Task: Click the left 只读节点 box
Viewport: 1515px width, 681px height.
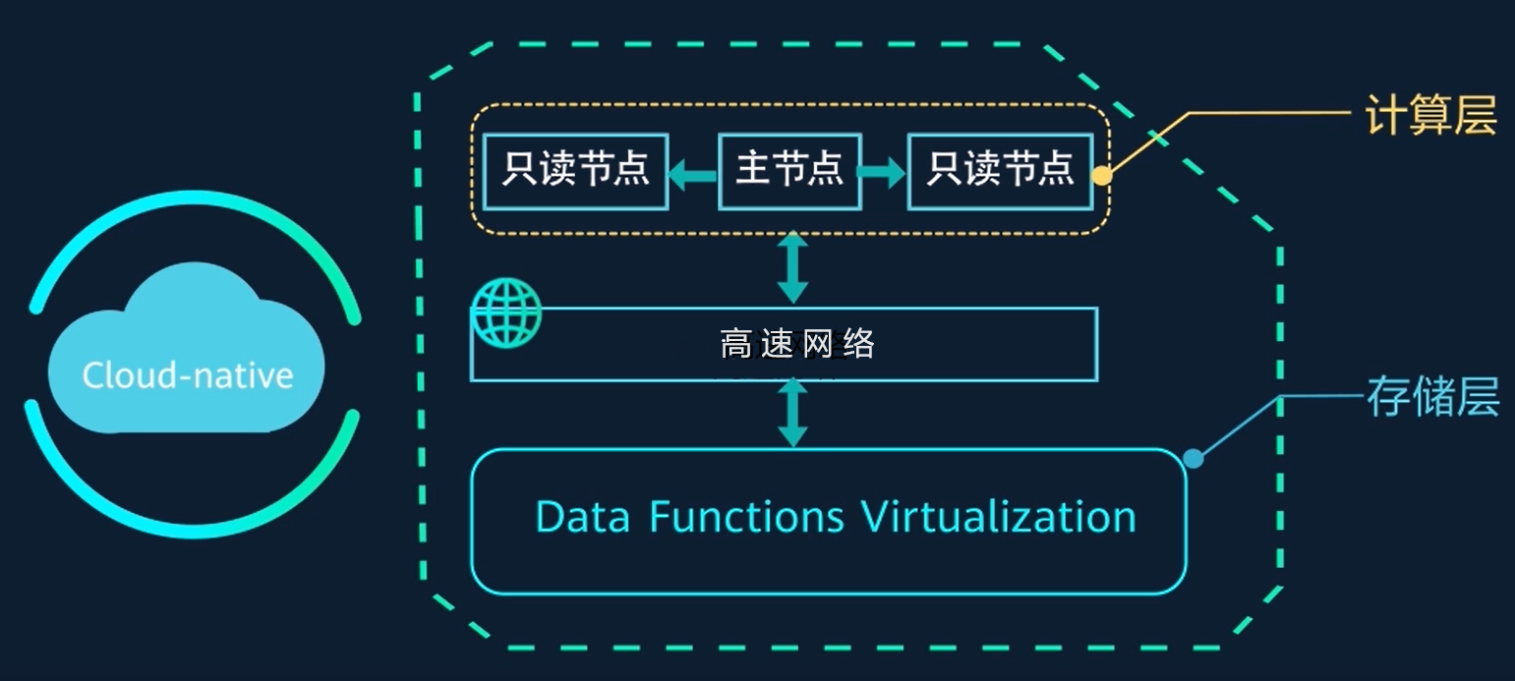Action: pyautogui.click(x=575, y=172)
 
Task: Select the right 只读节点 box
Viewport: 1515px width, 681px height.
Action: pyautogui.click(x=1000, y=172)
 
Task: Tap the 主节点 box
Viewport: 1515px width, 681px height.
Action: pyautogui.click(x=790, y=172)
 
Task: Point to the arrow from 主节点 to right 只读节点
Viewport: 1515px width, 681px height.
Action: pyautogui.click(x=882, y=175)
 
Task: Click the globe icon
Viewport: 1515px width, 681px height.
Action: pyautogui.click(x=505, y=313)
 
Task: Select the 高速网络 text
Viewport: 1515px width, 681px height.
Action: pyautogui.click(x=796, y=344)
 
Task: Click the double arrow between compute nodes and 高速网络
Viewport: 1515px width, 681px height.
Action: pyautogui.click(x=792, y=267)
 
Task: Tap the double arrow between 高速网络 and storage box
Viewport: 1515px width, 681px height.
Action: pyautogui.click(x=792, y=413)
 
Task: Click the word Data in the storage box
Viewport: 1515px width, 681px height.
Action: pyautogui.click(x=582, y=517)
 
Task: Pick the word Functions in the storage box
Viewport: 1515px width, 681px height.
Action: pyautogui.click(x=746, y=517)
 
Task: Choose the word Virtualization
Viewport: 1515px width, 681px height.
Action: pyautogui.click(x=998, y=517)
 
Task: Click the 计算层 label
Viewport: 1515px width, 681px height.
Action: pyautogui.click(x=1430, y=116)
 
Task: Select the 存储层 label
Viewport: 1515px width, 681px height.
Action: pyautogui.click(x=1432, y=398)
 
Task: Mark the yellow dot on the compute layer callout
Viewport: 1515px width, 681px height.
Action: pyautogui.click(x=1102, y=177)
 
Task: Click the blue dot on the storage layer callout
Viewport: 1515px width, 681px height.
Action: pyautogui.click(x=1193, y=458)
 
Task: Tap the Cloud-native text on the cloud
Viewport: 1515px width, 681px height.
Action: pyautogui.click(x=188, y=375)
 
